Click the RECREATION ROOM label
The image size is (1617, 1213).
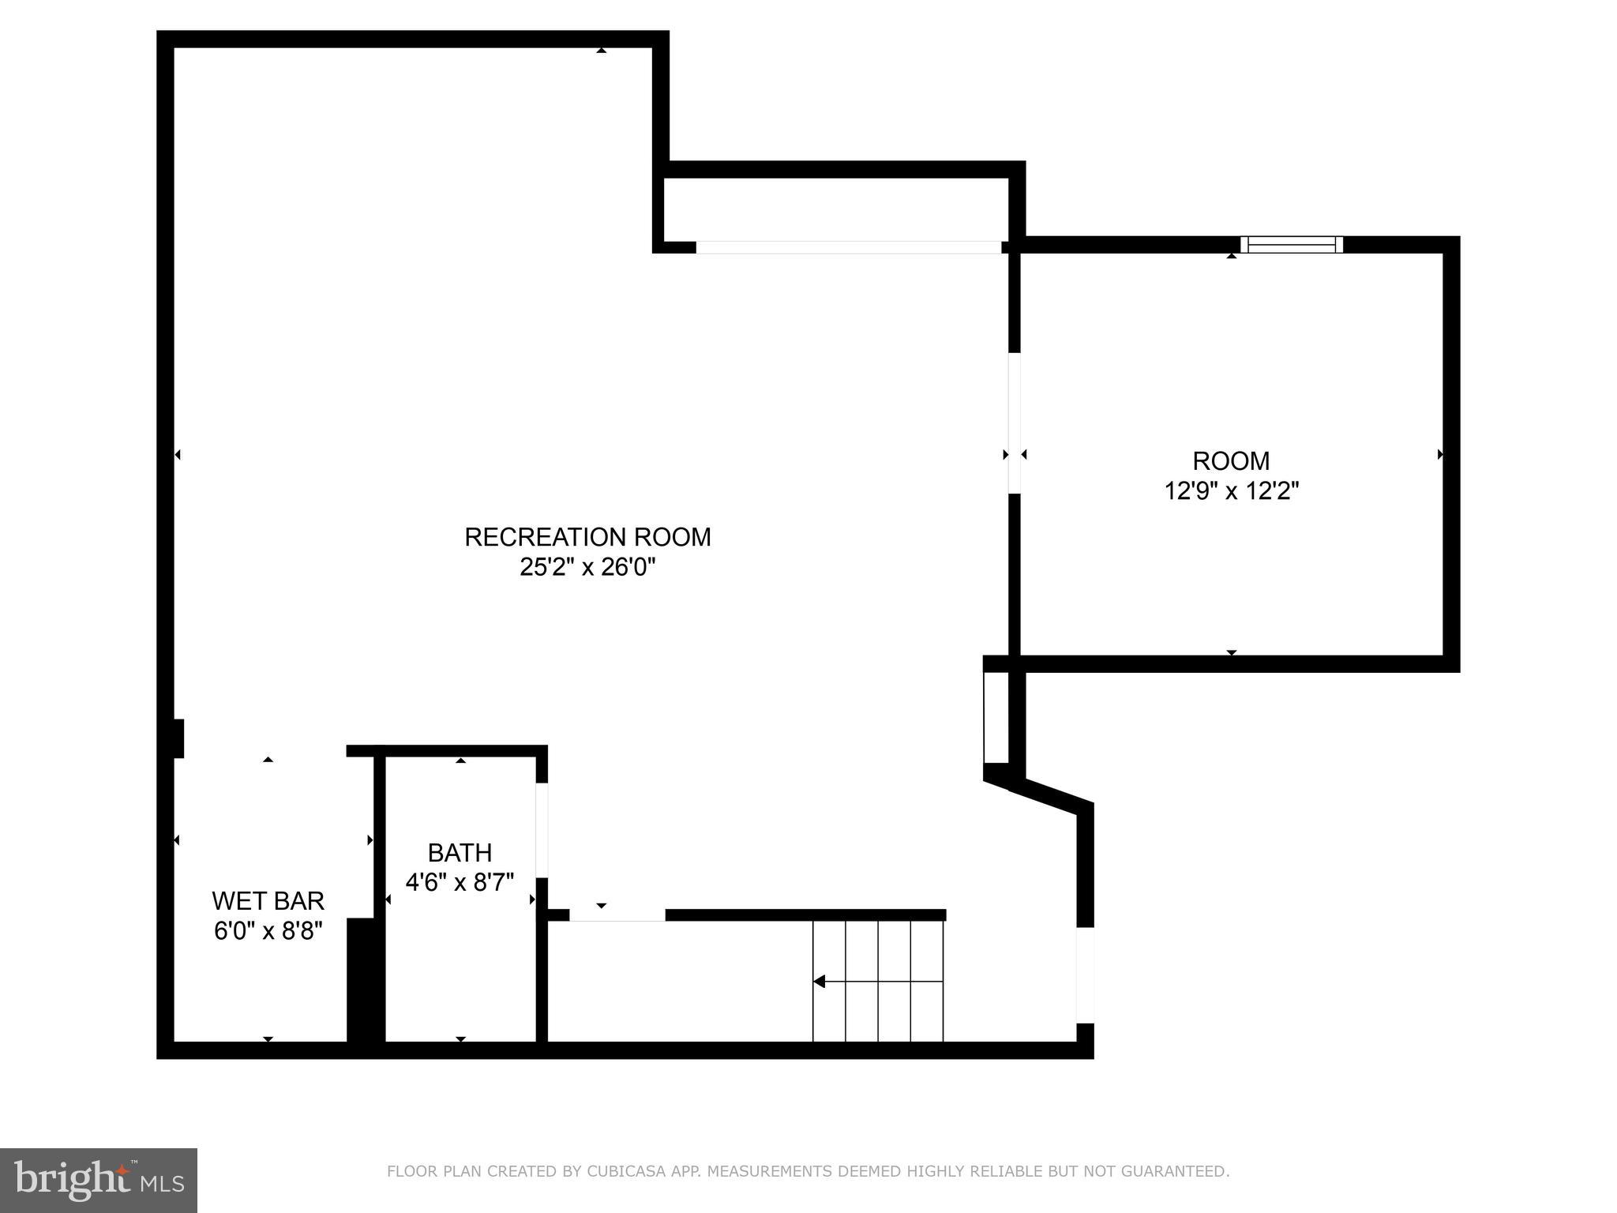click(587, 537)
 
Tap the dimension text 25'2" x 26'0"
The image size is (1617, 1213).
click(587, 567)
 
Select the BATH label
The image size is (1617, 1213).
click(460, 853)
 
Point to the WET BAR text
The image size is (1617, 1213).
click(268, 901)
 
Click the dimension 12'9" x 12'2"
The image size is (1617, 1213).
click(1231, 491)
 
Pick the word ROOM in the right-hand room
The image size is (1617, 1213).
click(1231, 460)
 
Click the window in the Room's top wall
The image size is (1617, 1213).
click(1291, 245)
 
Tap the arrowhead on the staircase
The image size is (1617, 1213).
click(820, 982)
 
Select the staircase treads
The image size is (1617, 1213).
click(878, 982)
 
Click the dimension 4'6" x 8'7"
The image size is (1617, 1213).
click(460, 881)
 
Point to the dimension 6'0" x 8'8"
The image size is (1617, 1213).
click(268, 931)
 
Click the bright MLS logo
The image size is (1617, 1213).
click(98, 1180)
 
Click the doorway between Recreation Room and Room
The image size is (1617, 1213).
click(1015, 422)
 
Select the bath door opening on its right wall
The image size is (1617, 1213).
click(542, 829)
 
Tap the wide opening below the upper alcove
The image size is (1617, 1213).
click(848, 247)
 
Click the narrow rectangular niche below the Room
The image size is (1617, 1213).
click(996, 717)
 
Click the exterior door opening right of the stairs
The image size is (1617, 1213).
click(1086, 975)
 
